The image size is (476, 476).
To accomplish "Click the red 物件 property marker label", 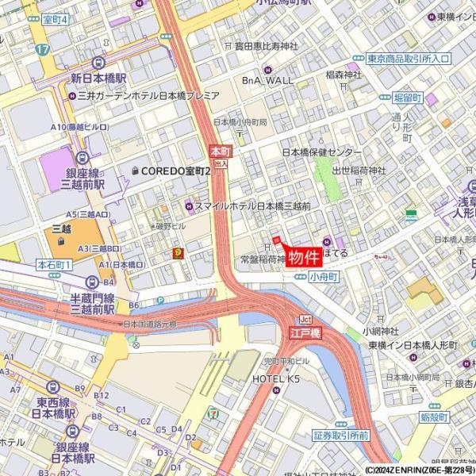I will [x=303, y=258].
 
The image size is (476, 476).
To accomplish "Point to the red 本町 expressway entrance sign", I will [x=220, y=150].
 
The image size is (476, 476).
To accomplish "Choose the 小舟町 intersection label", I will [x=324, y=276].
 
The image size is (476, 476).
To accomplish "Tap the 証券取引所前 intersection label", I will [x=341, y=436].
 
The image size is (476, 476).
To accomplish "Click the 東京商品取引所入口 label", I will [x=409, y=59].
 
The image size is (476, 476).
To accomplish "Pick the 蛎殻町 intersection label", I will [x=436, y=416].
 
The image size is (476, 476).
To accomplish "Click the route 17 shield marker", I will [x=43, y=49].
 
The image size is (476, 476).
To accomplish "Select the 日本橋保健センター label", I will [x=323, y=152].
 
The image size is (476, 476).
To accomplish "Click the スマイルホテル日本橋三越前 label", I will [x=252, y=205].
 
